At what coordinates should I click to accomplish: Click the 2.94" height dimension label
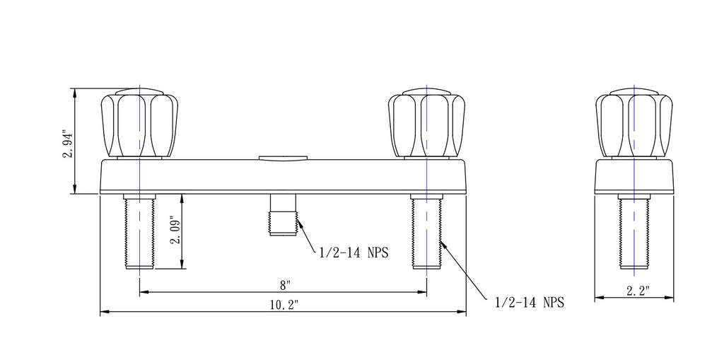click(x=68, y=145)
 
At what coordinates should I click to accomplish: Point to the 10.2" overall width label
click(x=284, y=305)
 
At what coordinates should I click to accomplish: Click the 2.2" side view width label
click(x=638, y=291)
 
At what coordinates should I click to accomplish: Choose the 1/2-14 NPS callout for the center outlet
click(x=354, y=252)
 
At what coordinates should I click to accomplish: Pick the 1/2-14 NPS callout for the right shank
click(x=530, y=302)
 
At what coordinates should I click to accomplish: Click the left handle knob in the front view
click(x=139, y=123)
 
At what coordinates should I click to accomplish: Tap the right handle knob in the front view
click(x=426, y=123)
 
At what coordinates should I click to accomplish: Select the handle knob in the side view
click(x=634, y=123)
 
